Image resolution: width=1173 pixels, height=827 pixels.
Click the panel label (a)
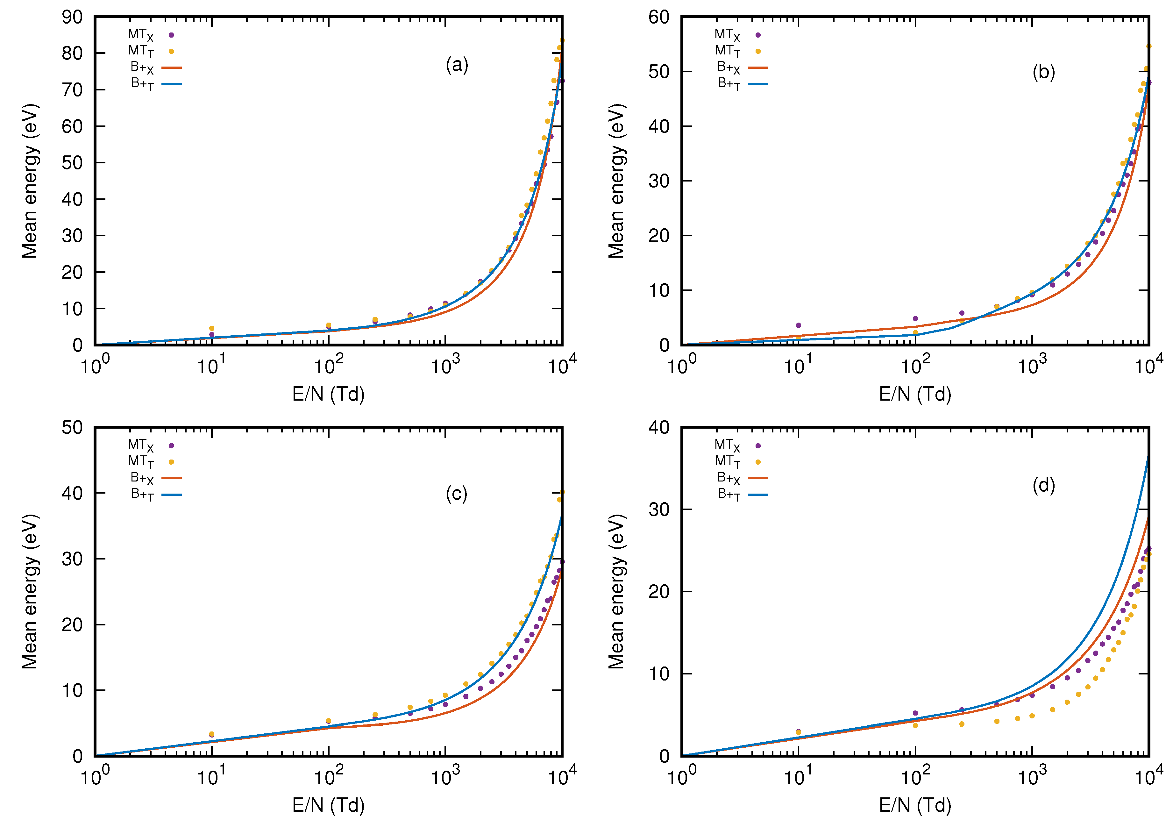(456, 65)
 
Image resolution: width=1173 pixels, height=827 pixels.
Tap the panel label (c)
(456, 494)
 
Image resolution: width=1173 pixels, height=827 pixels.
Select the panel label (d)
(1043, 485)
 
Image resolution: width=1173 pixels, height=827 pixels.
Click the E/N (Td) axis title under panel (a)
(329, 394)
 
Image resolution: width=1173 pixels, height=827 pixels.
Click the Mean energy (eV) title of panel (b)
(617, 181)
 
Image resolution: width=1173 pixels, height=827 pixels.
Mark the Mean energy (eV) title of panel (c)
(30, 592)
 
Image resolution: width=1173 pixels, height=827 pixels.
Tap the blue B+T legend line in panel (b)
(758, 84)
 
